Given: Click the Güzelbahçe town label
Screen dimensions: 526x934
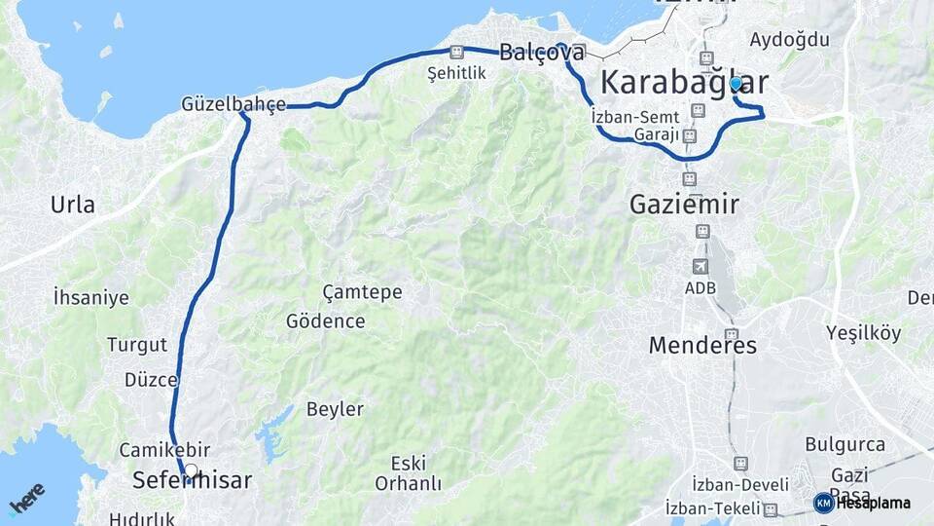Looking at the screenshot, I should (x=233, y=104).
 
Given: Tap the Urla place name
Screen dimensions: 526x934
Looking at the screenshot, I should (x=73, y=205).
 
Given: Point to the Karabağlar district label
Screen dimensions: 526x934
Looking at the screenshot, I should (x=684, y=82).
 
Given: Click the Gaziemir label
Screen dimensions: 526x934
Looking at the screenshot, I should (x=684, y=205).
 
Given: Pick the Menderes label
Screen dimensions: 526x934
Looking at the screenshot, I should (x=702, y=345).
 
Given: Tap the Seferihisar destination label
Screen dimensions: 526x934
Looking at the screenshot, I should (x=192, y=481).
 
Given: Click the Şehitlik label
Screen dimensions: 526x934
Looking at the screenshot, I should (x=456, y=73).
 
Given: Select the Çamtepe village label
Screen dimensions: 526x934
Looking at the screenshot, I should (x=362, y=292).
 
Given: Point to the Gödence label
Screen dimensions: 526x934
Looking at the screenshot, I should (x=326, y=320).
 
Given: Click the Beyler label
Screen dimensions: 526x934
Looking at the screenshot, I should (x=335, y=409).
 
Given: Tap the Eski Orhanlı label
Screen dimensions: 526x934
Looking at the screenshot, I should (x=409, y=472).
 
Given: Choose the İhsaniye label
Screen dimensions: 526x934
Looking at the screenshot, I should (x=91, y=297).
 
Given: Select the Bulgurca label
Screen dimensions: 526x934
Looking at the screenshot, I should (x=846, y=444).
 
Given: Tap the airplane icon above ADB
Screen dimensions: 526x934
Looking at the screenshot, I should (x=700, y=266).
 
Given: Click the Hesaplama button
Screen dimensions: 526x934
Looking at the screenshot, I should (x=862, y=503).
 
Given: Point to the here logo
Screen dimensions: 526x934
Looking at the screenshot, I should (x=26, y=499).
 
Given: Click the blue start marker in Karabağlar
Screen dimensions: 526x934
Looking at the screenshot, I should (x=736, y=84).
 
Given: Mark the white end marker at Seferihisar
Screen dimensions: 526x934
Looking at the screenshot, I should (x=191, y=471).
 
